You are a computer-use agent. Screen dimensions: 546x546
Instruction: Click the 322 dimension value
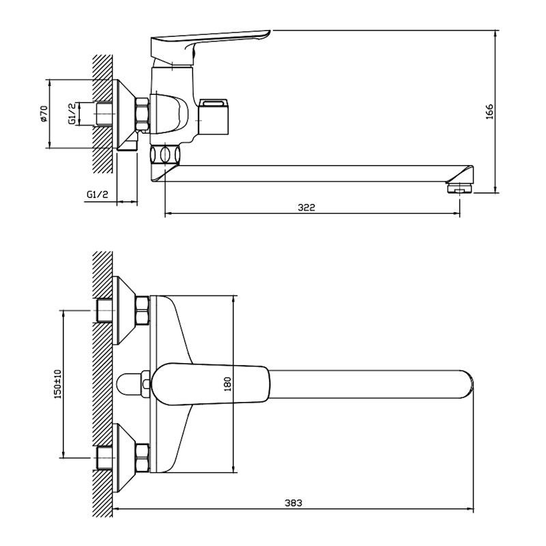(306, 207)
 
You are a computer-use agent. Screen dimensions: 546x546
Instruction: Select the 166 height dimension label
(489, 111)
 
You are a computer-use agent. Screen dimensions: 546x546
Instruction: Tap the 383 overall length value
(293, 503)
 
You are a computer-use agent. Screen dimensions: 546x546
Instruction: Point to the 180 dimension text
(228, 384)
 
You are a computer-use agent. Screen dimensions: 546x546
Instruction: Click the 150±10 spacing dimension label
(57, 384)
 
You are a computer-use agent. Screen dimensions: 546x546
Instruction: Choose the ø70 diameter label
(44, 113)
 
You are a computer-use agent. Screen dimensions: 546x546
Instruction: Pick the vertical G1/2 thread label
(72, 113)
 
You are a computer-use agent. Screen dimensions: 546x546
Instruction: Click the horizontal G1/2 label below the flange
(98, 195)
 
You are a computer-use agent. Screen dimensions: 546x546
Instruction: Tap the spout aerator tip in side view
(459, 188)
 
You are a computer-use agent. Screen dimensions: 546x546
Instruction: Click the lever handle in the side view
(210, 47)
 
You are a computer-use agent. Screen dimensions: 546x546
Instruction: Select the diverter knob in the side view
(214, 117)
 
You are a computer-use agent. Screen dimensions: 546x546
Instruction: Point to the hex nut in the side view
(143, 114)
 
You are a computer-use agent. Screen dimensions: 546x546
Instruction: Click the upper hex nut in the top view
(143, 311)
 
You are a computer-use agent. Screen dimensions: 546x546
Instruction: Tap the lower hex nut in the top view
(143, 458)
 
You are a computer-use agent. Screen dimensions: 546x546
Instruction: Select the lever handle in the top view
(211, 384)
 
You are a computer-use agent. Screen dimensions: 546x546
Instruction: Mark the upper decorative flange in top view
(124, 311)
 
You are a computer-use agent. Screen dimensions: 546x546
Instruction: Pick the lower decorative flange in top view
(124, 458)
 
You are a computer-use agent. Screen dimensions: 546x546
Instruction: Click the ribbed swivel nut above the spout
(165, 154)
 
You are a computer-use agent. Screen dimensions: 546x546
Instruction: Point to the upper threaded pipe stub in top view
(104, 311)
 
